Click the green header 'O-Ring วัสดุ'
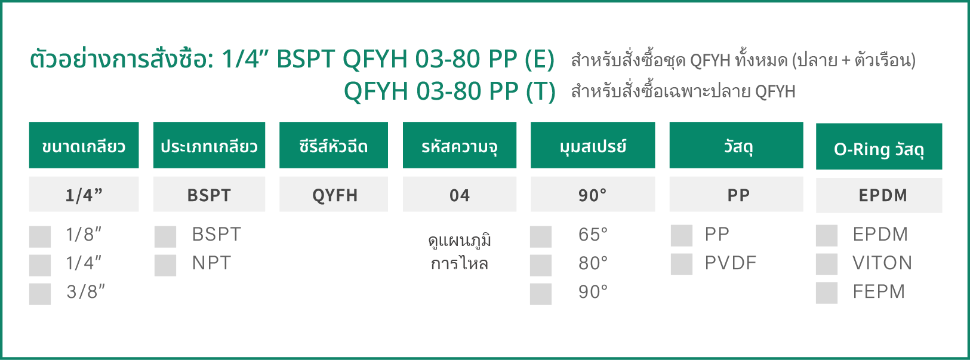(x=879, y=146)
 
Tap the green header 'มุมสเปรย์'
(x=593, y=145)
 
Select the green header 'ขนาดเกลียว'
(x=84, y=145)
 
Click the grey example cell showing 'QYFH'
(x=334, y=194)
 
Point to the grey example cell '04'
(x=460, y=194)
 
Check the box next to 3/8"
(x=40, y=294)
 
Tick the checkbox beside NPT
(x=165, y=265)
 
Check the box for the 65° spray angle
(x=541, y=236)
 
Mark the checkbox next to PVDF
(x=682, y=264)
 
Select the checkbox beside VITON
(x=827, y=264)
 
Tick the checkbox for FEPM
(x=827, y=293)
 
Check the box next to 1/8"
(x=40, y=236)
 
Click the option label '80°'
(x=593, y=263)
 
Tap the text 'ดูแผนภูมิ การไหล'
(x=460, y=252)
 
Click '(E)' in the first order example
(x=539, y=59)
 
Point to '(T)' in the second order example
(x=540, y=91)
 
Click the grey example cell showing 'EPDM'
(x=879, y=195)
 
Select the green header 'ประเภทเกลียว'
(x=209, y=145)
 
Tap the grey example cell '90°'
(x=593, y=194)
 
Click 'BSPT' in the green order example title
(x=306, y=59)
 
